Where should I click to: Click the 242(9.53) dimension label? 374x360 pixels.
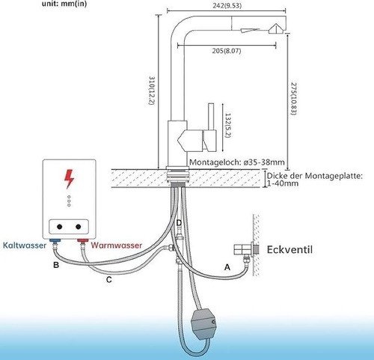227,5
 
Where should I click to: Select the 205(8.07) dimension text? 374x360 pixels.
227,51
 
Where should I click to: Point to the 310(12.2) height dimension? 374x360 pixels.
152,91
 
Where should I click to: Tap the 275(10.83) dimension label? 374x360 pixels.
294,99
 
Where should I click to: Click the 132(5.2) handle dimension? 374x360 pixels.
228,125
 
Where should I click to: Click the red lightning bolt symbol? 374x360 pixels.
69,179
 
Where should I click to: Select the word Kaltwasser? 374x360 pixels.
25,245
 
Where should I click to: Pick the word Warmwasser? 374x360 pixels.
116,245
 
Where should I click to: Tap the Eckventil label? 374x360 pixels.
289,249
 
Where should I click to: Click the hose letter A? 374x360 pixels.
227,267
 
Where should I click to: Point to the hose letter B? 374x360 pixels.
56,265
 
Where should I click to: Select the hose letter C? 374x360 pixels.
109,280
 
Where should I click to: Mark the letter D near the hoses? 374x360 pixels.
179,223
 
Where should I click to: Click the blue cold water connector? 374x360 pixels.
55,240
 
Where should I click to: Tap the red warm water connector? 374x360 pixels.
83,240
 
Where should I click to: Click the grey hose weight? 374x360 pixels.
203,323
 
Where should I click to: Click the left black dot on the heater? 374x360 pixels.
59,227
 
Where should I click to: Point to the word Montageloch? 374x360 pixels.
215,162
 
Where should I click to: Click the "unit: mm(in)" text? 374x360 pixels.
64,4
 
